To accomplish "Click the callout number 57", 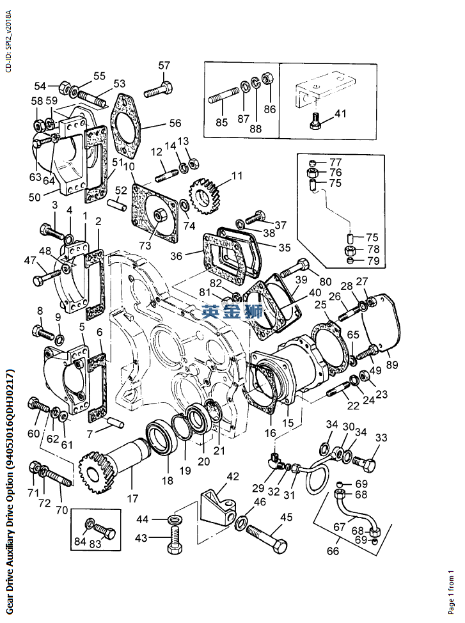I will coord(164,65).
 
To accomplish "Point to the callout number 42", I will coord(232,477).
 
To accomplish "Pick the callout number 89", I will coord(391,365).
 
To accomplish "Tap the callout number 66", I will coord(333,551).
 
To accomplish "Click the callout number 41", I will coord(340,114).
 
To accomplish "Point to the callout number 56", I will coord(175,123).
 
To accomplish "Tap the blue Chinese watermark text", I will coord(232,313).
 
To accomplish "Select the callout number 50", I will coord(34,197).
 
